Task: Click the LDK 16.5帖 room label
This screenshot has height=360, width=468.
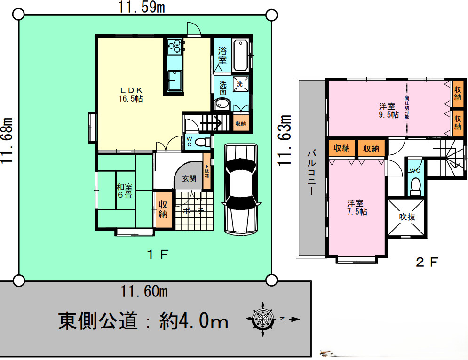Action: [131, 94]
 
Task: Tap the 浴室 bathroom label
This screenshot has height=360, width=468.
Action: [222, 56]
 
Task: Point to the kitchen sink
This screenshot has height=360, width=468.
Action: [175, 79]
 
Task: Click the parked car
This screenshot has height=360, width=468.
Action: [240, 188]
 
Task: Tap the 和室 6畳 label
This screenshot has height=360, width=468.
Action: [125, 191]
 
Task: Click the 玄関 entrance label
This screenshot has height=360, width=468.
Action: [190, 179]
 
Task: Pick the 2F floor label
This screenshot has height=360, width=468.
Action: [427, 262]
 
